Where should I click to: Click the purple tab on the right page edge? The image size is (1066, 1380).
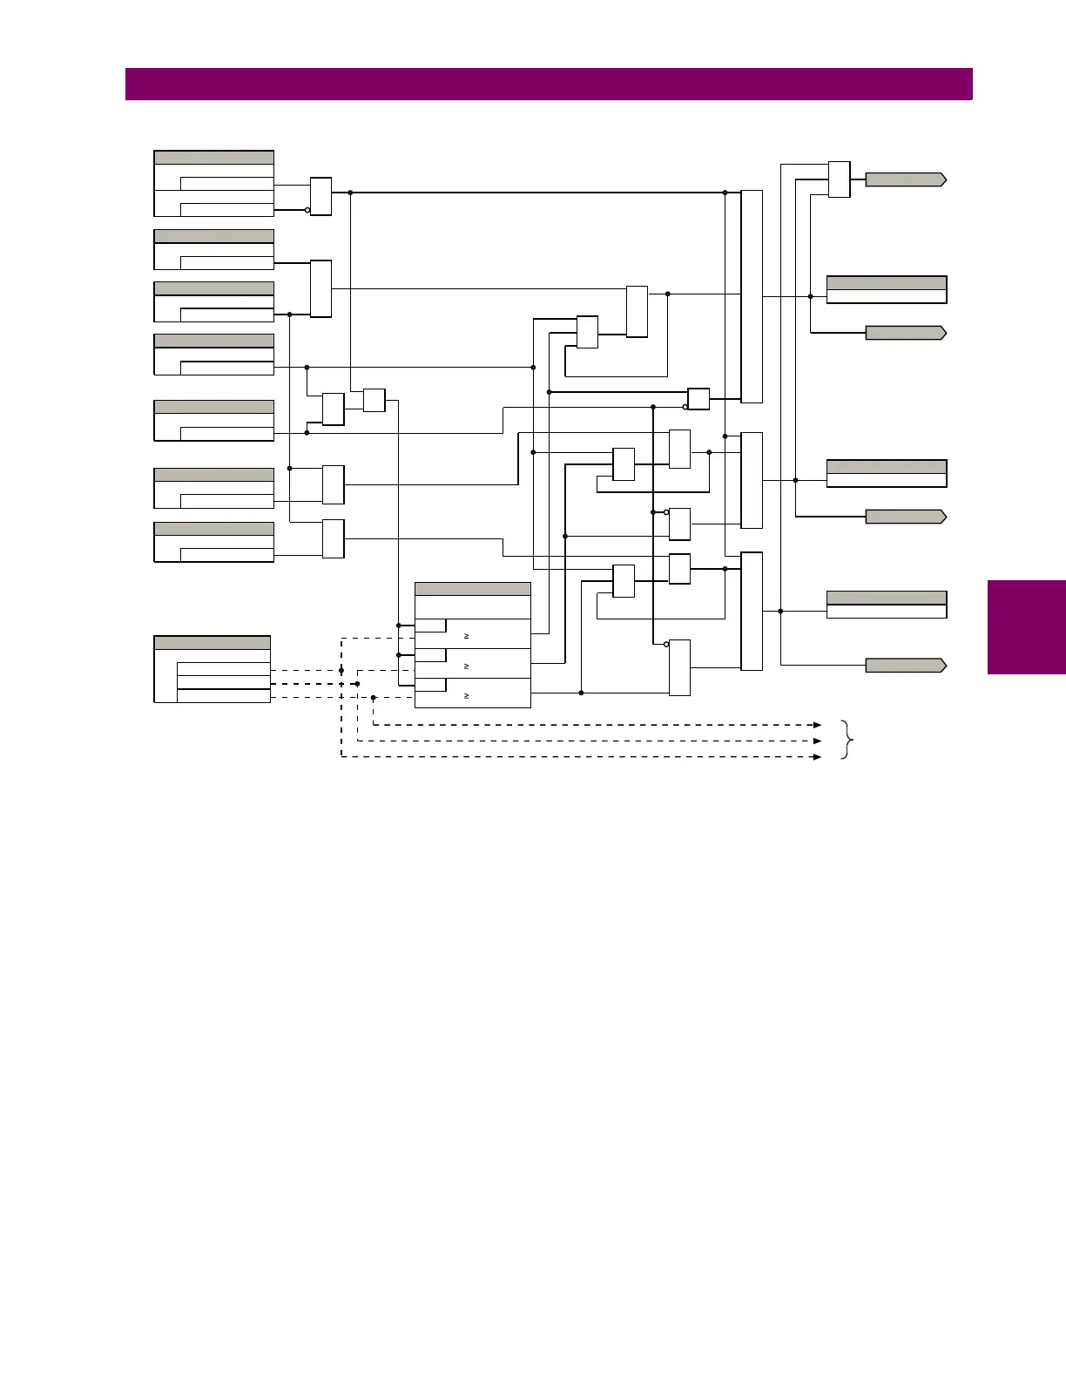[x=1026, y=626]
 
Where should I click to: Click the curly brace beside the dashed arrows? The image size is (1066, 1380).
[x=847, y=741]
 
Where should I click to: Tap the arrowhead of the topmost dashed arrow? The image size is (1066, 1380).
[x=817, y=725]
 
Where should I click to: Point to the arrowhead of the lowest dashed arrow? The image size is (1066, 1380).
[x=817, y=757]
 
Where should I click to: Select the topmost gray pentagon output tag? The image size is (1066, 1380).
[x=905, y=179]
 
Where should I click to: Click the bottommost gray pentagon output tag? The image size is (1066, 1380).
[x=905, y=666]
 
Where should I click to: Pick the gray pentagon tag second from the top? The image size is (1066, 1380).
[x=905, y=333]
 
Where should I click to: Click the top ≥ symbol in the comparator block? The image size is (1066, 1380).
[x=467, y=637]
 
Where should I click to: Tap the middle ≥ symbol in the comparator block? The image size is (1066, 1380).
[x=467, y=666]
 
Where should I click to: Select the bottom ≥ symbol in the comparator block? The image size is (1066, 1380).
[x=467, y=696]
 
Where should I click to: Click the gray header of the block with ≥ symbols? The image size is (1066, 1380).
[x=472, y=589]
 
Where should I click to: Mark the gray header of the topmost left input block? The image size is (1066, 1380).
[x=213, y=158]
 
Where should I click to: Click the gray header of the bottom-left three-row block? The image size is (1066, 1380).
[x=212, y=643]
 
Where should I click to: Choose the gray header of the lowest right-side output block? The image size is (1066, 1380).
[x=886, y=598]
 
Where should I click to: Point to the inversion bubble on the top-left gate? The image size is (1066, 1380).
[x=307, y=210]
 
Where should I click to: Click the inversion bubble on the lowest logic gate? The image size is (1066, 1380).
[x=666, y=645]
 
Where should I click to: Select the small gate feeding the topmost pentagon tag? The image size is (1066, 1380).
[x=839, y=179]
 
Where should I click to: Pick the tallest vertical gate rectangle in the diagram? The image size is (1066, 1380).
[x=751, y=296]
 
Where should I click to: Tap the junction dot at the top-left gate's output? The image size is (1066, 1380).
[x=350, y=193]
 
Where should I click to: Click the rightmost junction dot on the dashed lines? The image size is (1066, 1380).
[x=373, y=697]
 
